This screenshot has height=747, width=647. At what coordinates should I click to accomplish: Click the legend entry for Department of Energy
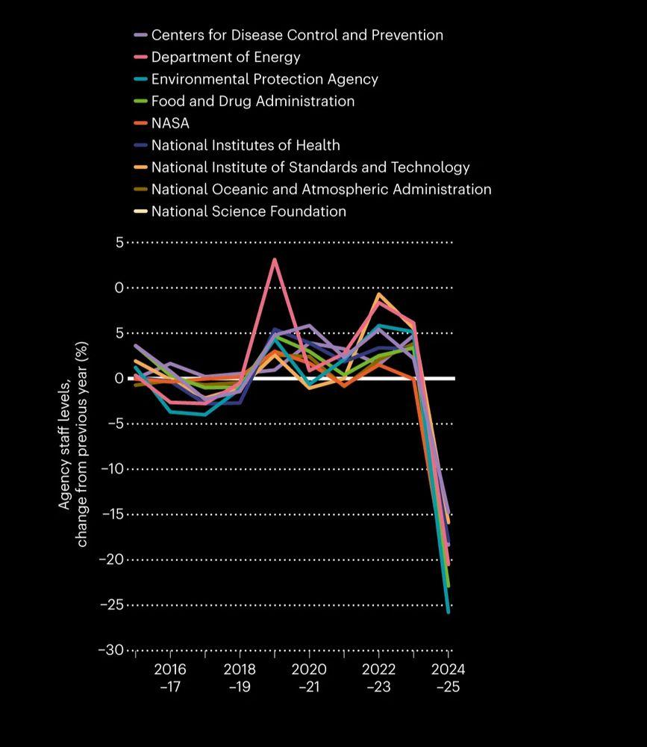(x=225, y=57)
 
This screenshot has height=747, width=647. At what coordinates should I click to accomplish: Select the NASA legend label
(x=170, y=123)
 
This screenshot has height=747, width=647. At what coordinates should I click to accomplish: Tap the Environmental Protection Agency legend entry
(x=264, y=79)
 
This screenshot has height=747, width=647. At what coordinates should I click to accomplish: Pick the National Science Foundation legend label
(x=249, y=211)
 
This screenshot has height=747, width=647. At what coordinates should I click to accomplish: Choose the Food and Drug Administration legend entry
(x=252, y=101)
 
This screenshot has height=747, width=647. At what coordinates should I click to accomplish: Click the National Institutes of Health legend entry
(x=246, y=145)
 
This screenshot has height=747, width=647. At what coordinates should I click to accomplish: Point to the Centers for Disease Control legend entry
(x=297, y=35)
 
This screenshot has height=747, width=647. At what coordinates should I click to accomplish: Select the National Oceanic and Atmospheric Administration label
(x=321, y=189)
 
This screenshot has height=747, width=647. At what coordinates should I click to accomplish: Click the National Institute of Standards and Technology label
(x=310, y=167)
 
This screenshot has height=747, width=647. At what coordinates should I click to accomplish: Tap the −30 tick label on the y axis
(x=110, y=651)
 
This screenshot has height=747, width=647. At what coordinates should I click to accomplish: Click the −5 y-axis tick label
(x=114, y=424)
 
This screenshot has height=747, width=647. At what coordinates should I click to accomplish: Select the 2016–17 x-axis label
(x=170, y=677)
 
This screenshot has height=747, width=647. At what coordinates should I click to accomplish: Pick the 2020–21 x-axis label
(x=309, y=677)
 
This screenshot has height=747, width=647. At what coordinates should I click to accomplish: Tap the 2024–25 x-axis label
(x=448, y=677)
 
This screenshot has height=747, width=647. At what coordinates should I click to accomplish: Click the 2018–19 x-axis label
(x=240, y=677)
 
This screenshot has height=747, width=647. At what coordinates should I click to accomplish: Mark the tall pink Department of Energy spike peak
(x=275, y=259)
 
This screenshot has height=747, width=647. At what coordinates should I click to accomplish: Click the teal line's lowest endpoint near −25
(x=448, y=612)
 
